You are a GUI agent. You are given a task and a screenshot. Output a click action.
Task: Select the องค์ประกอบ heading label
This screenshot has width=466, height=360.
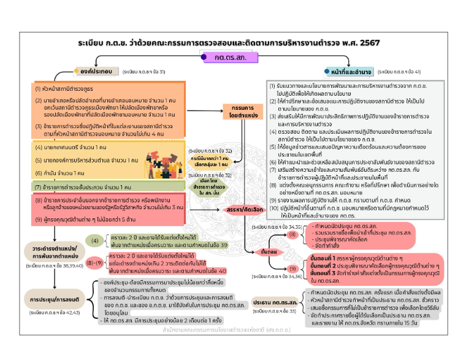point(97,71)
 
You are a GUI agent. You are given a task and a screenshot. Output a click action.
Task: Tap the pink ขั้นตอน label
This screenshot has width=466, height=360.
point(269,251)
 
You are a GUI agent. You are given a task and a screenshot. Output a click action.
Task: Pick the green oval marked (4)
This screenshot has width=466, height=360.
point(96,240)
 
